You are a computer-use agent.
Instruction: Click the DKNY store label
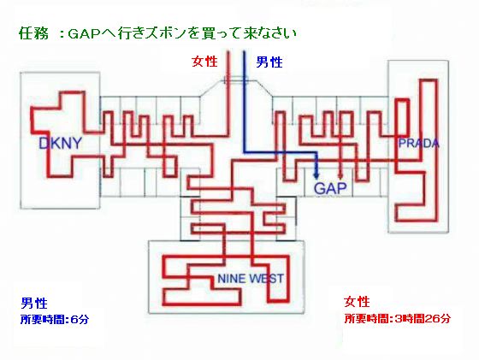(x=61, y=143)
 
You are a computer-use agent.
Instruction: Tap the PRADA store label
(x=419, y=143)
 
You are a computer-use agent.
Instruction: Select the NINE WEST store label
(x=251, y=279)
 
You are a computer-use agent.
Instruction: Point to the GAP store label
(x=330, y=188)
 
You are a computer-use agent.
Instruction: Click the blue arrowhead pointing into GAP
(x=316, y=175)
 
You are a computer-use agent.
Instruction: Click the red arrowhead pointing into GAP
(x=340, y=175)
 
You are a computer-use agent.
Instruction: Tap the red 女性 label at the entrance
(x=204, y=62)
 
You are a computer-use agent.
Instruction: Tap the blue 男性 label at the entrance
(x=269, y=62)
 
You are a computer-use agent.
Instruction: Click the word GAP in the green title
(x=84, y=33)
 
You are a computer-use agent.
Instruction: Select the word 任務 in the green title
(x=33, y=33)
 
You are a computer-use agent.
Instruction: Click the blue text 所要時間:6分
(x=55, y=320)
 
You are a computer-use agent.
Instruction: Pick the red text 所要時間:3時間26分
(x=398, y=318)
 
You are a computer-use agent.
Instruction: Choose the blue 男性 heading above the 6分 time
(x=34, y=304)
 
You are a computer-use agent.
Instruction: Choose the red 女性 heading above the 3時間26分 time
(x=357, y=302)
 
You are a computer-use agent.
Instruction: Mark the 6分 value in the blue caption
(x=80, y=320)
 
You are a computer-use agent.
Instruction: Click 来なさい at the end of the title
(x=269, y=33)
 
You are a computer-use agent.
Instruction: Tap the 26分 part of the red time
(x=437, y=318)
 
